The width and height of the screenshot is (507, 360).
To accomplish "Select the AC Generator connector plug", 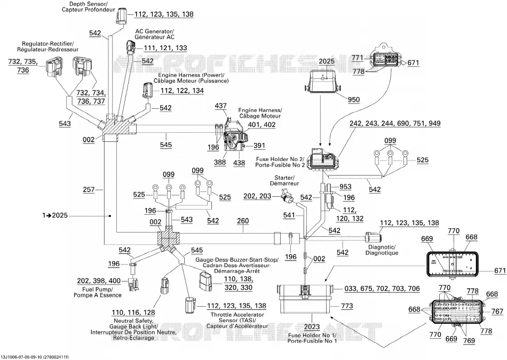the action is [x=131, y=49].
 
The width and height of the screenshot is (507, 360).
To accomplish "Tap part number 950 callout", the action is [x=353, y=100].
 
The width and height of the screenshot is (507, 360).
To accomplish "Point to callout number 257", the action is [x=89, y=189].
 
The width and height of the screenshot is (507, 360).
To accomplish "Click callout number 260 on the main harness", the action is [x=243, y=221].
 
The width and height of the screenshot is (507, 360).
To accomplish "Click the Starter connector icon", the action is [x=287, y=196].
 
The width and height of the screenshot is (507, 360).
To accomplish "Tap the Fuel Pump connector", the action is [x=132, y=283].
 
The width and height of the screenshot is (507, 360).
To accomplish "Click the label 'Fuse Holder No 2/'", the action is [x=280, y=159].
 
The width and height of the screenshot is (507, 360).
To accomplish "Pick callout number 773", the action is [x=347, y=306].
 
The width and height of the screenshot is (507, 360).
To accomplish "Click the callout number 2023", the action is [x=312, y=327].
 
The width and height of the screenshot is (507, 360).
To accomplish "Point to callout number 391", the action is [x=259, y=146].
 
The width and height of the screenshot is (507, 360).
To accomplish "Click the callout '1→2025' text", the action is [x=55, y=215].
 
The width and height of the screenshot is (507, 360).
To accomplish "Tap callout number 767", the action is [x=497, y=311].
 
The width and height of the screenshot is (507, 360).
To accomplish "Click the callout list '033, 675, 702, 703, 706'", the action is [x=382, y=289].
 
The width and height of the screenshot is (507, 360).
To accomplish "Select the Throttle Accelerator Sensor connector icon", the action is [x=189, y=305].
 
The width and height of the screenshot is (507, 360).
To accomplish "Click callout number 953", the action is [x=345, y=187].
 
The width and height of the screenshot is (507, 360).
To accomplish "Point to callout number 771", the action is [x=358, y=58].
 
